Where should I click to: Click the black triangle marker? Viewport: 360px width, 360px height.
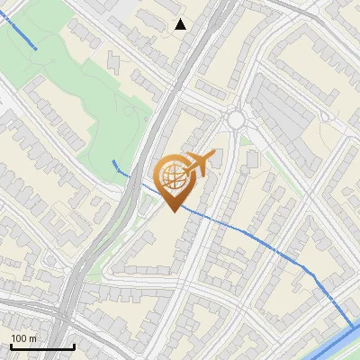tap(181, 24)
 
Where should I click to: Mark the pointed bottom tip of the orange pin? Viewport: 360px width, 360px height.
tap(175, 211)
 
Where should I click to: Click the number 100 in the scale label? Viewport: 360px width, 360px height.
tap(19, 338)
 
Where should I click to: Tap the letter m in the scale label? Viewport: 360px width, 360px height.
tap(32, 338)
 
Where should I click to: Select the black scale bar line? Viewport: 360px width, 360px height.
tap(41, 347)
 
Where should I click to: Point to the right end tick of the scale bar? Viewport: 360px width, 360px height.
tap(73, 346)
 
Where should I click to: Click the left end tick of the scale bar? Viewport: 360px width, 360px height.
tap(10, 346)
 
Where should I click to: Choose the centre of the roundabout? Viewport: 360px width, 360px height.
tap(237, 120)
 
